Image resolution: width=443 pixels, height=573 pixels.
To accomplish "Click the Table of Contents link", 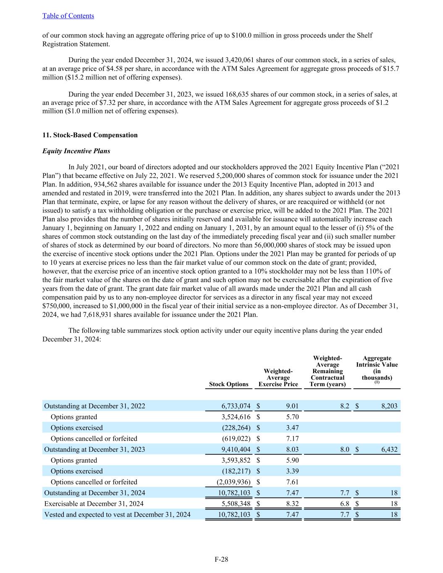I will tap(68, 16).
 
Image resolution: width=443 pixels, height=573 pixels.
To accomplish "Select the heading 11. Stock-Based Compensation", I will tap(90, 135).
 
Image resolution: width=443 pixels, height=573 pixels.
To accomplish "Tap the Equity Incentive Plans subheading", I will tap(76, 151).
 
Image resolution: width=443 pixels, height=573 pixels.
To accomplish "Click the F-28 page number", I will tap(221, 559).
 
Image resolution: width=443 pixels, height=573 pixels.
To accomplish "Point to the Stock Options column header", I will tap(228, 384).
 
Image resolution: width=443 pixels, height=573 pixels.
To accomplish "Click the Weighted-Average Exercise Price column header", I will tap(278, 378).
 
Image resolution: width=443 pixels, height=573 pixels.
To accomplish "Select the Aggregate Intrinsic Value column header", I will tap(377, 368).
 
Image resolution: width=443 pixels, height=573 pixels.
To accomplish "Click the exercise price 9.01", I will tap(292, 406).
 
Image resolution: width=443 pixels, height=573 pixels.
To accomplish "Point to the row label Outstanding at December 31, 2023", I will tap(94, 449).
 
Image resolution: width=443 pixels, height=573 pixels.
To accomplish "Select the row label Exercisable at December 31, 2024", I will tap(94, 504).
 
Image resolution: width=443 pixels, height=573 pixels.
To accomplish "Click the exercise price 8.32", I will tap(292, 504).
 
